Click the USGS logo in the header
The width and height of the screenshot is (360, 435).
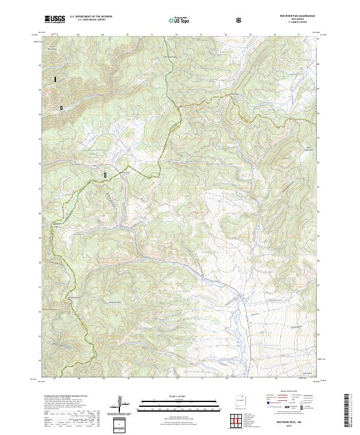click(x=55, y=20)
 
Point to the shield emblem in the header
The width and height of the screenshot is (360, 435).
click(x=239, y=20)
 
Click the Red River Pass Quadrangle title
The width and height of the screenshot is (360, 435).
click(x=297, y=16)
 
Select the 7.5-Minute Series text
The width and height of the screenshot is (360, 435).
click(x=298, y=23)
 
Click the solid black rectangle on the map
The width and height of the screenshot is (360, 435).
click(x=55, y=79)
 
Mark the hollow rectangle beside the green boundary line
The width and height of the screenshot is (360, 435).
click(x=106, y=175)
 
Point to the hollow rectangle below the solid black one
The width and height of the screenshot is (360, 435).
click(x=61, y=107)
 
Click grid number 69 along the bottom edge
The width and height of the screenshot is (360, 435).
click(x=103, y=379)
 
